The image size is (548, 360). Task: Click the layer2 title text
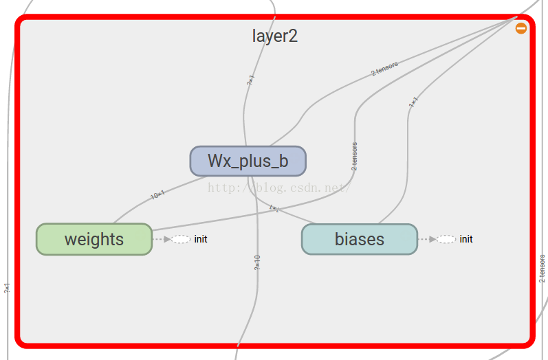274,36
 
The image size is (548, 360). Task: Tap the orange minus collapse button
521,28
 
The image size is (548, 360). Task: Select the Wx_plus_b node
248,161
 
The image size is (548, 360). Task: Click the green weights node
94,239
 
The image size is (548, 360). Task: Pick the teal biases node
359,239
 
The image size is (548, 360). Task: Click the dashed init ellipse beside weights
181,239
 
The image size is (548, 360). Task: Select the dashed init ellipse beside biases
446,239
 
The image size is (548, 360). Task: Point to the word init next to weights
201,239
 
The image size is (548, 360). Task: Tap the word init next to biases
466,239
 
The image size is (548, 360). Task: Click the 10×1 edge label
157,195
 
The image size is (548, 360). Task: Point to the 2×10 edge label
257,262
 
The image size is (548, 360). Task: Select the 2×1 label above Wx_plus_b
250,80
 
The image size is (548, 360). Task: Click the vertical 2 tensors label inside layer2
354,156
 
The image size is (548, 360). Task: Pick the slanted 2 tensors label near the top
384,69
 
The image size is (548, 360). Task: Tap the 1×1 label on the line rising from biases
413,102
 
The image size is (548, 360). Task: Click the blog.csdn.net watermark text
278,187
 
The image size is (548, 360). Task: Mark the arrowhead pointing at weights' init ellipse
167,239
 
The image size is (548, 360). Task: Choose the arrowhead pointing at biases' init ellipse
432,239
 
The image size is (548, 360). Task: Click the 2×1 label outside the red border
7,289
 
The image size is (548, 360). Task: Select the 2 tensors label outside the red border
542,269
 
